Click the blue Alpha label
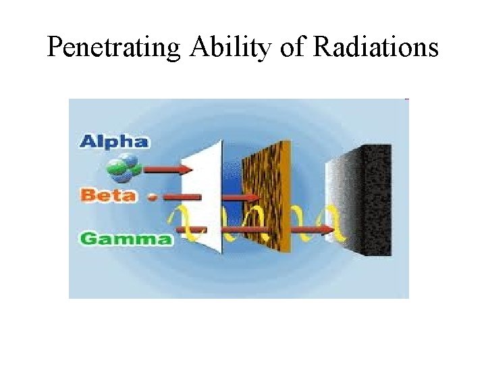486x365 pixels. (113, 141)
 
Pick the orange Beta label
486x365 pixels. (109, 196)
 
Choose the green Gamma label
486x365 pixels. (126, 238)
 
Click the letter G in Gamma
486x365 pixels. (87, 239)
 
